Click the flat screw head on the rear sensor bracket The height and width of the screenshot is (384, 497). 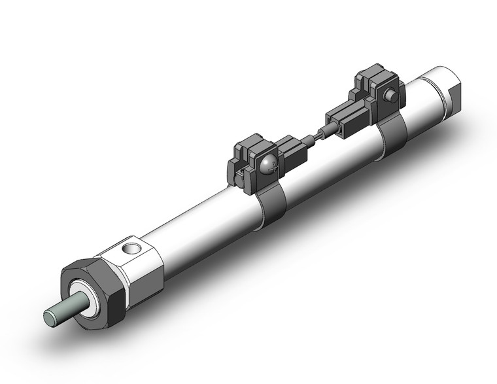coord(390,96)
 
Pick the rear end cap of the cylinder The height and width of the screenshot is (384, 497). coord(437,89)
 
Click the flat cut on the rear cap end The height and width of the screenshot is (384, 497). coord(454,92)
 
